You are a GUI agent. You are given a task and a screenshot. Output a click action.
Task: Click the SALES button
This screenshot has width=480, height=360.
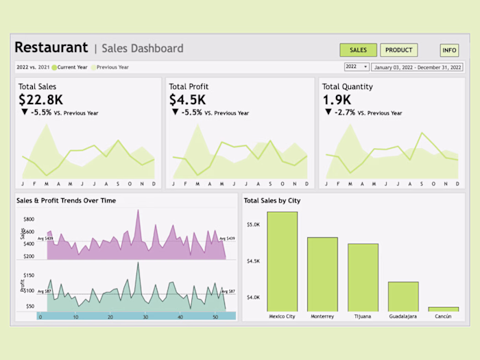click(358, 50)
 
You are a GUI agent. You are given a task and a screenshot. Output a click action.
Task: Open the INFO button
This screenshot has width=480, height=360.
click(449, 50)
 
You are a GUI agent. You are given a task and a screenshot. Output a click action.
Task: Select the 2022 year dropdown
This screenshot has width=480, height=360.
click(357, 67)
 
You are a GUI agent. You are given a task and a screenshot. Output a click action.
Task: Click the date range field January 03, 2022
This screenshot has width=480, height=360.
click(418, 67)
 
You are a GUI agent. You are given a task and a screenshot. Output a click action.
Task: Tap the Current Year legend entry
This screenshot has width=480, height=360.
click(71, 67)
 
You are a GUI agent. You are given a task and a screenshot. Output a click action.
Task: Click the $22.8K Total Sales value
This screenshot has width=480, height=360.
click(40, 99)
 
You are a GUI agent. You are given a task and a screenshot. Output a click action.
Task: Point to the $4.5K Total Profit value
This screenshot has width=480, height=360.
click(187, 99)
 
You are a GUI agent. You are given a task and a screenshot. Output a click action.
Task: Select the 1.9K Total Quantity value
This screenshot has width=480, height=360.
click(337, 99)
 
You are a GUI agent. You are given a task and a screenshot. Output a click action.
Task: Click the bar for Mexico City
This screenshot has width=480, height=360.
click(282, 261)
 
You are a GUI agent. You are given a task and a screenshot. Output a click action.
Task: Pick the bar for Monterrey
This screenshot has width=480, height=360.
click(322, 274)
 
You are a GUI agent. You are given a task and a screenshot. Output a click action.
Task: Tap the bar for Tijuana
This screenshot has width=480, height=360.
click(363, 277)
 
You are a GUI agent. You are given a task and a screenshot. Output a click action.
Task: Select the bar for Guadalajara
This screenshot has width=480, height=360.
click(403, 296)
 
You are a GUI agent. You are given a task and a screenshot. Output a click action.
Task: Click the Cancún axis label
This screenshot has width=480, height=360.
click(444, 317)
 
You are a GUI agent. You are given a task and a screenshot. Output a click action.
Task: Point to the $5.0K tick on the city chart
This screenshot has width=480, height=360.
click(253, 224)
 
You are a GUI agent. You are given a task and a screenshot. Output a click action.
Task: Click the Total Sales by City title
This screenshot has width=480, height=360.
click(272, 200)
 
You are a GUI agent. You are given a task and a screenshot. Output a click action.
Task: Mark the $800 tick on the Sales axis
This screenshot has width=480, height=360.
click(29, 219)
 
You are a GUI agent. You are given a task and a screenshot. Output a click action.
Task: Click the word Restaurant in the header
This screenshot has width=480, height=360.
click(51, 48)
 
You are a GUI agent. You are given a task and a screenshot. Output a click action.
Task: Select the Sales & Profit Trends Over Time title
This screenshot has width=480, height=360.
click(66, 200)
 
